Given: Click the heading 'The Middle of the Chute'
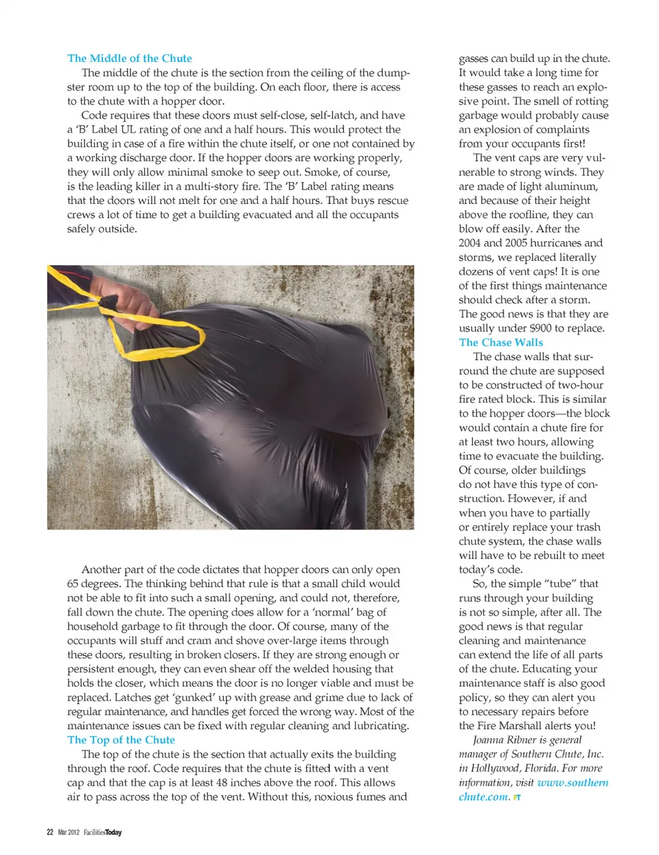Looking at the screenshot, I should (129, 58).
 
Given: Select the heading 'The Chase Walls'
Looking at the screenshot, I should (500, 342).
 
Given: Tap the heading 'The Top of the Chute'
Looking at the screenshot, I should (121, 740).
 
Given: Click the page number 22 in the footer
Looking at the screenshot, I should (49, 832).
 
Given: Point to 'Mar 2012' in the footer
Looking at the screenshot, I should (69, 832).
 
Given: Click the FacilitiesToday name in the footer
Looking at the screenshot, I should (103, 832).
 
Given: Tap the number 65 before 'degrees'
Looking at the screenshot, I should (73, 584).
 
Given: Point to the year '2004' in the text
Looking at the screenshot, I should (470, 243).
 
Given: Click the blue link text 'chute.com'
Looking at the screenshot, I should (483, 797).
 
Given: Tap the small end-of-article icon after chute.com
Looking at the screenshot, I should (517, 798).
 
